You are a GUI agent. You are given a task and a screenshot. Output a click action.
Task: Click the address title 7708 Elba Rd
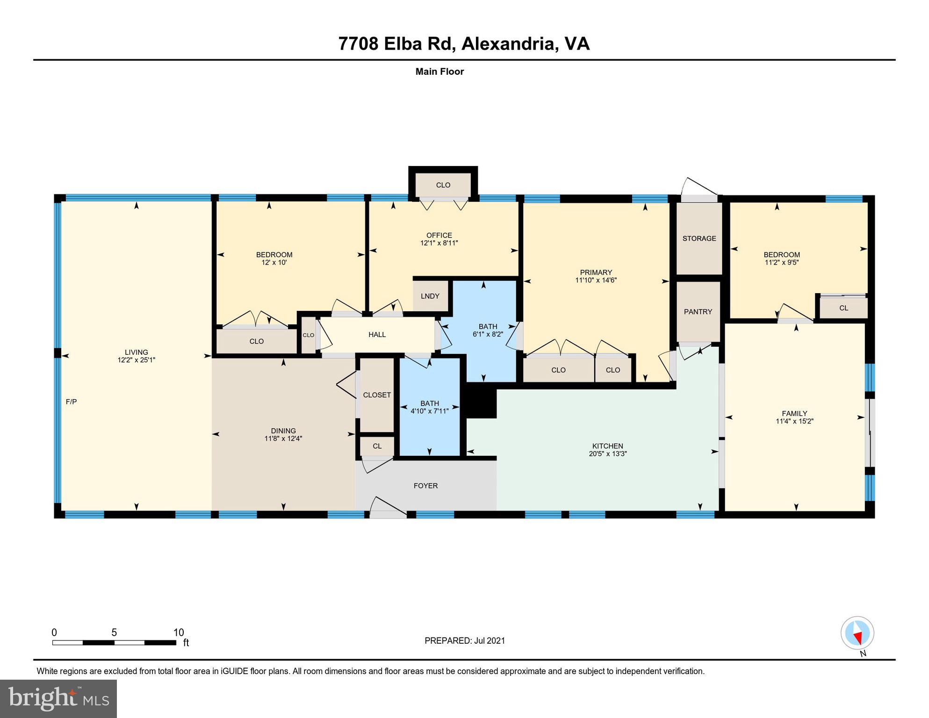463,43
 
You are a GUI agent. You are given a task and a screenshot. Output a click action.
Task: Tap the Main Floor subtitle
439,72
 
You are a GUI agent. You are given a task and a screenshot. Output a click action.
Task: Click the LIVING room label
136,352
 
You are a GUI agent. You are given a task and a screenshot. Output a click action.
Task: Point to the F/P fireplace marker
71,402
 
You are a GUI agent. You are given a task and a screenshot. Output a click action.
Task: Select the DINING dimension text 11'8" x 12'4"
283,438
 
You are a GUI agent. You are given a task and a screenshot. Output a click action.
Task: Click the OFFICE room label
439,235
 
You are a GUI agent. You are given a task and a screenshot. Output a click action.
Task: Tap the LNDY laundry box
430,296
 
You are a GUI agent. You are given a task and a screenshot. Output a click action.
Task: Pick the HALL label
377,334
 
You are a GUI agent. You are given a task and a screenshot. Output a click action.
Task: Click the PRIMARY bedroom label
596,272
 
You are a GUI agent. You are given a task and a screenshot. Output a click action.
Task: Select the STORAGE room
699,238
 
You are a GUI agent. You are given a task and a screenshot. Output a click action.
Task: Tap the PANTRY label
698,312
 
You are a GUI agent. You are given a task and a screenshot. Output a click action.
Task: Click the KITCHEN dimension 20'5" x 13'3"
607,453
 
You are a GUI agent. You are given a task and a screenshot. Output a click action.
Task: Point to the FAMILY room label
794,413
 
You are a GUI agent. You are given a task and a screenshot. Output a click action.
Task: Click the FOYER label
425,486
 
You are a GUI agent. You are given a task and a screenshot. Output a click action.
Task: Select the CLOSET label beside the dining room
377,395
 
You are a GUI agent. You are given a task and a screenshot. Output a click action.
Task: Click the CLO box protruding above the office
443,185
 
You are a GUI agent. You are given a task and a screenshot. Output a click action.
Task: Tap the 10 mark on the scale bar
179,632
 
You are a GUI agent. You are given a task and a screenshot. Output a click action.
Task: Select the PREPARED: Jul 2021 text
464,640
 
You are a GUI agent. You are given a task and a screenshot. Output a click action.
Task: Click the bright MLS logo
58,698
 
